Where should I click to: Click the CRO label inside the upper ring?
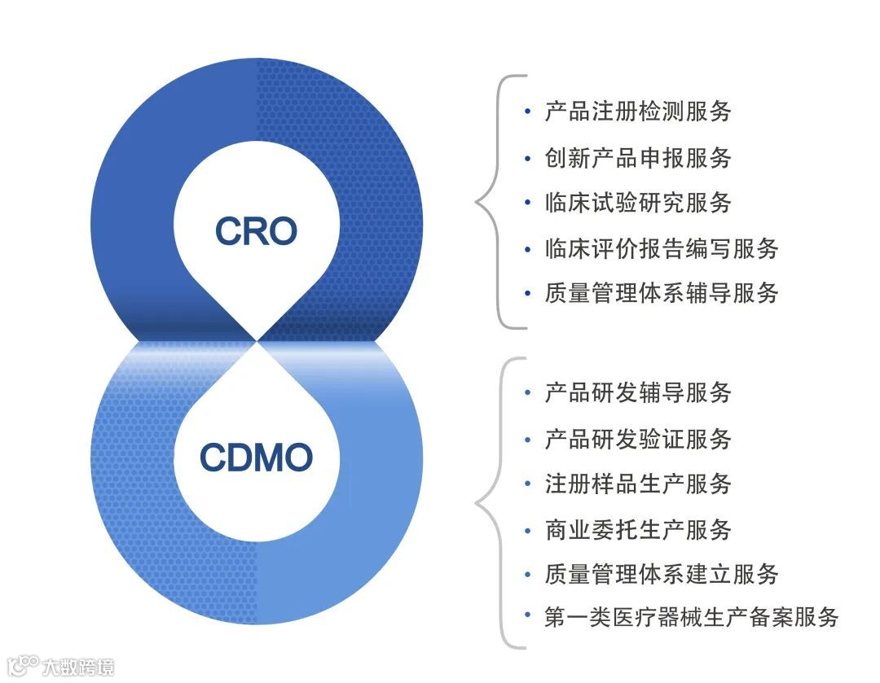tap(256, 231)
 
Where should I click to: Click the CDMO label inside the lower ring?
tap(256, 458)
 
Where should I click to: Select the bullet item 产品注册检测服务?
tap(638, 112)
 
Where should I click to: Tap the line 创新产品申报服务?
tap(638, 157)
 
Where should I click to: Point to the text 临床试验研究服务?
tap(638, 203)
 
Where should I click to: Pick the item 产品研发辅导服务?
tap(638, 393)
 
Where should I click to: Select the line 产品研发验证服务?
tap(638, 440)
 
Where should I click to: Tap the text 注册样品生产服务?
tap(638, 484)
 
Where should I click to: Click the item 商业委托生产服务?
tap(638, 530)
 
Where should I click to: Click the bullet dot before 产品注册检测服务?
tap(528, 112)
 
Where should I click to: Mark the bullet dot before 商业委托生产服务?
tap(528, 531)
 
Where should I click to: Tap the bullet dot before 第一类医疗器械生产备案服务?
tap(528, 618)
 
